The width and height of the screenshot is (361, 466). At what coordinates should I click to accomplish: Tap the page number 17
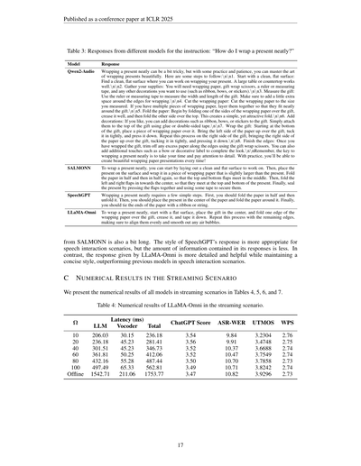click(180, 444)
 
